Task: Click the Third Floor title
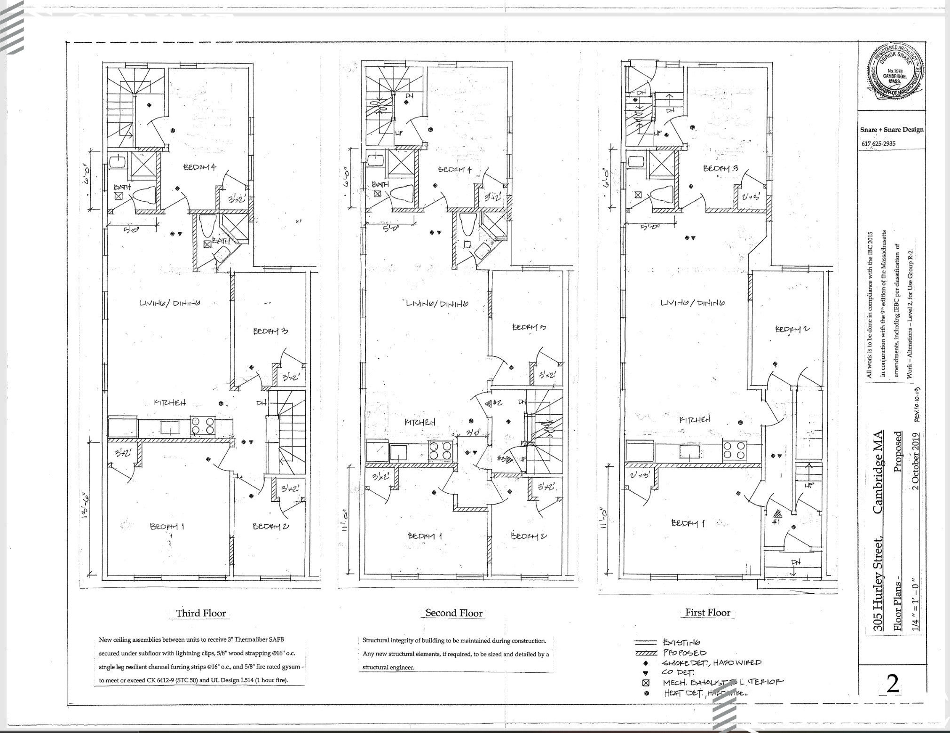tap(201, 613)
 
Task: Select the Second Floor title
tap(454, 613)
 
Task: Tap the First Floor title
tap(707, 612)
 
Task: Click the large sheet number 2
tap(892, 684)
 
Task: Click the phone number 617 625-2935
tap(878, 143)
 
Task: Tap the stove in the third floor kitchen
tap(203, 426)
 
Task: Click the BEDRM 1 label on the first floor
tap(688, 523)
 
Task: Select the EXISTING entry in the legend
tap(681, 642)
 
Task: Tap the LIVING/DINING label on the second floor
tap(437, 304)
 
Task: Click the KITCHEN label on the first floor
tap(695, 419)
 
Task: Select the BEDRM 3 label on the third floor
tap(270, 331)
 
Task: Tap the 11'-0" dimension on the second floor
tap(347, 517)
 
